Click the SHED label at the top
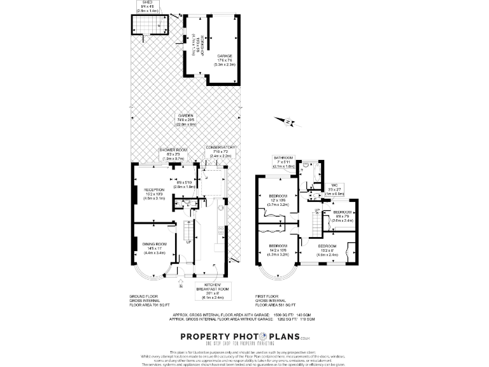[x=148, y=3]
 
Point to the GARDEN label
[x=187, y=115]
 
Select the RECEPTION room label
[x=154, y=190]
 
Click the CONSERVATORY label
[x=221, y=147]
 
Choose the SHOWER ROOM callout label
[x=173, y=150]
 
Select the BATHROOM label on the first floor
[x=283, y=157]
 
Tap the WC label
[x=334, y=185]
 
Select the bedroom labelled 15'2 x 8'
[x=328, y=246]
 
